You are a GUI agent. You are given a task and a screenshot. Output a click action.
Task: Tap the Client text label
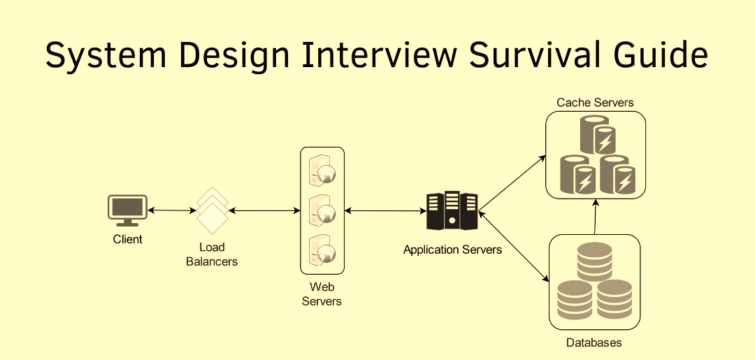pyautogui.click(x=127, y=239)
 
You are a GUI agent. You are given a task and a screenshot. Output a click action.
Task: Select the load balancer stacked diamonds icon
pyautogui.click(x=212, y=210)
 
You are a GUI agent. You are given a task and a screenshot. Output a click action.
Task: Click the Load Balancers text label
pyautogui.click(x=212, y=254)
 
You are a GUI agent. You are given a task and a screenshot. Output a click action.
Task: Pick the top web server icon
pyautogui.click(x=322, y=171)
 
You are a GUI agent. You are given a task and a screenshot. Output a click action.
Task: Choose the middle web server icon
pyautogui.click(x=322, y=210)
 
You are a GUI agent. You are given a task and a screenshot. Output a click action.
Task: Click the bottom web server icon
pyautogui.click(x=322, y=250)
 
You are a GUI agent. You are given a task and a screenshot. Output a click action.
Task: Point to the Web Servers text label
pyautogui.click(x=322, y=294)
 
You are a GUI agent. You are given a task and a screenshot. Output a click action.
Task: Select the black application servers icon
pyautogui.click(x=452, y=210)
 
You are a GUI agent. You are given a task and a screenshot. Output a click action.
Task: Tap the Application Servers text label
pyautogui.click(x=452, y=250)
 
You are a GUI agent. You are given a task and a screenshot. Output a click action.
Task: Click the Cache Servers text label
pyautogui.click(x=595, y=103)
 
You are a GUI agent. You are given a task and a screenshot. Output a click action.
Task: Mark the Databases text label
pyautogui.click(x=594, y=343)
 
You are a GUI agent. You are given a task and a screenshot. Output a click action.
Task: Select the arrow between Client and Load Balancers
pyautogui.click(x=171, y=210)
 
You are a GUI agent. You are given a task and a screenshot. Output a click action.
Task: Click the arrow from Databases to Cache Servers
pyautogui.click(x=595, y=216)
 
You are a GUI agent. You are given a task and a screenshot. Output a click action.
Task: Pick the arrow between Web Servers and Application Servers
pyautogui.click(x=385, y=210)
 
